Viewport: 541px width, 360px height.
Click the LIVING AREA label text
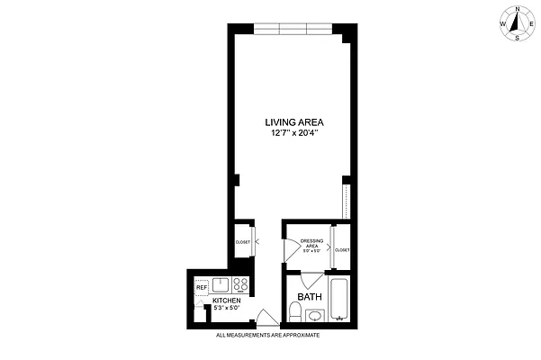pyautogui.click(x=294, y=122)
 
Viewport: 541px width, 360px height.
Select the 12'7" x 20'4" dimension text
pyautogui.click(x=294, y=133)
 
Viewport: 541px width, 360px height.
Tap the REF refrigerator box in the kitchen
pyautogui.click(x=202, y=288)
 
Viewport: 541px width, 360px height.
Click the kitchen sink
pyautogui.click(x=221, y=285)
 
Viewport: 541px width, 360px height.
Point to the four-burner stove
pyautogui.click(x=241, y=286)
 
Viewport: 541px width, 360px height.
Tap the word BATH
pyautogui.click(x=310, y=296)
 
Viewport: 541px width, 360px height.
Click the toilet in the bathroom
pyautogui.click(x=294, y=312)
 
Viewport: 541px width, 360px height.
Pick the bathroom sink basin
pyautogui.click(x=315, y=315)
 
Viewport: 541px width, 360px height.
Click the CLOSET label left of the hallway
pyautogui.click(x=243, y=242)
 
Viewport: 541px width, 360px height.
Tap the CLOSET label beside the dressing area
pyautogui.click(x=342, y=249)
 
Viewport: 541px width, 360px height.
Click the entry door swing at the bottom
pyautogui.click(x=266, y=318)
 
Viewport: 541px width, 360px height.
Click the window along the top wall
pyautogui.click(x=293, y=29)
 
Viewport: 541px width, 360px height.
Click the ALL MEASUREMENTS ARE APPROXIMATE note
pyautogui.click(x=268, y=336)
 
